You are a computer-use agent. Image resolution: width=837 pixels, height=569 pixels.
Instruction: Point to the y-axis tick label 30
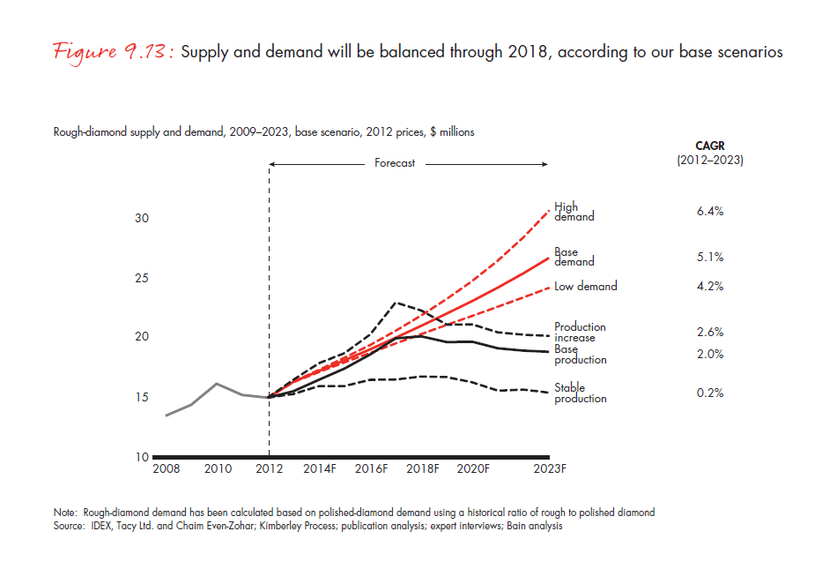tap(141, 218)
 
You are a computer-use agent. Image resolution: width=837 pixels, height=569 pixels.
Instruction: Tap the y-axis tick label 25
tap(141, 278)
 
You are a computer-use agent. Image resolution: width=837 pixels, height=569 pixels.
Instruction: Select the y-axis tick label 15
tap(141, 398)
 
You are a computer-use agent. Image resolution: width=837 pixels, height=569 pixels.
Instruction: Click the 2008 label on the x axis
tap(166, 469)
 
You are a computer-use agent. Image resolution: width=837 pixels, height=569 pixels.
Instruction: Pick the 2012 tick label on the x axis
tap(269, 469)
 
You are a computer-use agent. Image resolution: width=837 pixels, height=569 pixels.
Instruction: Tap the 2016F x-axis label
tap(373, 469)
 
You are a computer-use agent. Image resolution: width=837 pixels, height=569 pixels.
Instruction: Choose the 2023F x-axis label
tap(551, 469)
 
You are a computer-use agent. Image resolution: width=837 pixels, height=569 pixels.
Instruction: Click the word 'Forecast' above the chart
tap(395, 163)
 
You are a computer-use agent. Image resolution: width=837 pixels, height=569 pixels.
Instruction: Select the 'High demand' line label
tap(574, 212)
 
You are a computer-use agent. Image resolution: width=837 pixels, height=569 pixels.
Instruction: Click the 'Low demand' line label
tap(585, 286)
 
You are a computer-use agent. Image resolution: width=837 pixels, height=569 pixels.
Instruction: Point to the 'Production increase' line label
tap(580, 332)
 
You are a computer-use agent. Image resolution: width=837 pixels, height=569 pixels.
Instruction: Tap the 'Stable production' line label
tap(580, 393)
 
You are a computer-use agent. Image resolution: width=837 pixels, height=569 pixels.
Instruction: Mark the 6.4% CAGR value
tap(709, 212)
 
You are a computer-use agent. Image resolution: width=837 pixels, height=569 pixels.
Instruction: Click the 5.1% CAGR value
tap(709, 258)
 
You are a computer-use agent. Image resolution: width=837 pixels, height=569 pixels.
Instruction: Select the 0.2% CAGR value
tap(709, 393)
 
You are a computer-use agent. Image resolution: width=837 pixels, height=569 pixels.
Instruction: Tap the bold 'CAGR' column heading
tap(709, 146)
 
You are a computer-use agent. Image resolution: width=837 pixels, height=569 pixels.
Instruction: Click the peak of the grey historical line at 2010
tap(218, 384)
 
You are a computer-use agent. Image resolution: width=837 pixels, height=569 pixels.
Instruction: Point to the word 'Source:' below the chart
tap(70, 526)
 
